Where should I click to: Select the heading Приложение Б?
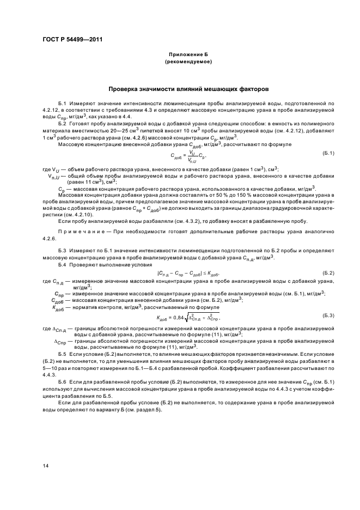coord(188,55)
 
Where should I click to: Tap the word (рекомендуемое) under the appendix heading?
coord(188,62)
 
